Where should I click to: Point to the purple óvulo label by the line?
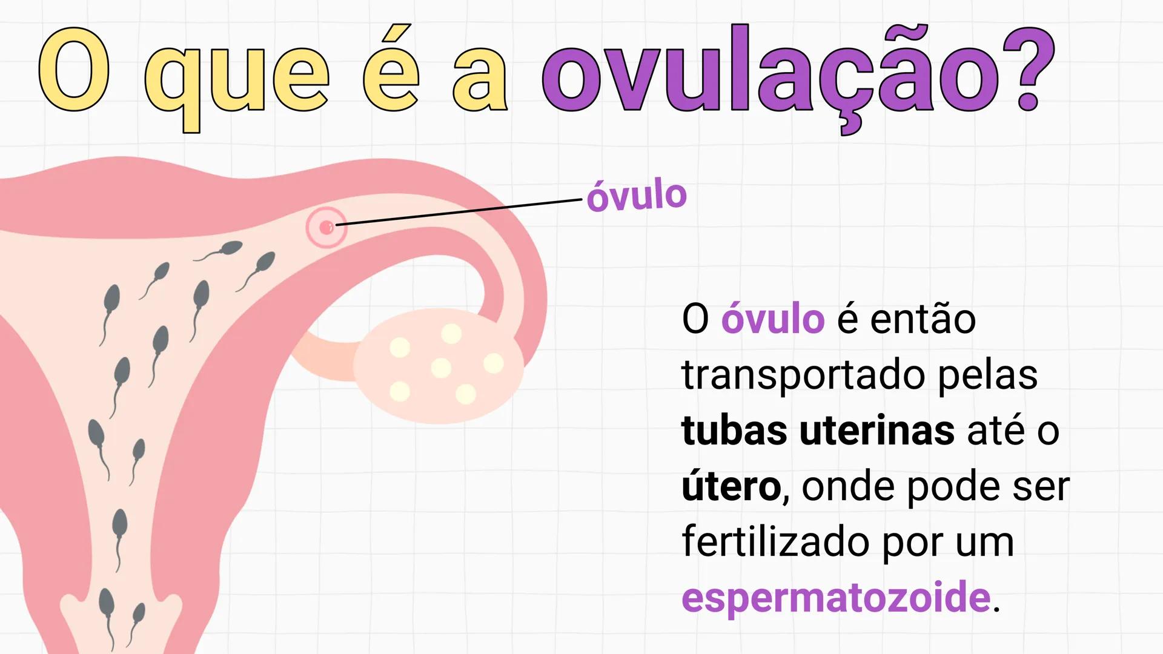636,196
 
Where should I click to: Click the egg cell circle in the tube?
326,228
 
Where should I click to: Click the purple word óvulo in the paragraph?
772,319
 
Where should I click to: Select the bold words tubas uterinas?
818,431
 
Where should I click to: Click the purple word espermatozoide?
836,598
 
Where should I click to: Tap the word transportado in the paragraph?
803,375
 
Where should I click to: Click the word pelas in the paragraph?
987,375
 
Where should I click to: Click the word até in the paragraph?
993,431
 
